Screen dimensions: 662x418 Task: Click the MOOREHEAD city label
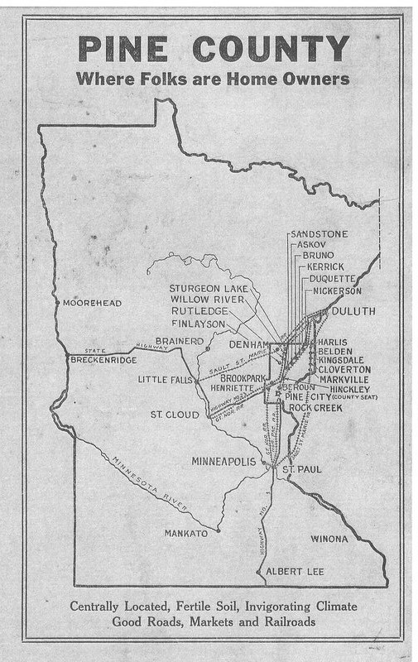coord(92,304)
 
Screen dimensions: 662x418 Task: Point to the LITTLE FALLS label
coord(164,380)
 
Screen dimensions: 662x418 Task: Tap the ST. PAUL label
coord(302,470)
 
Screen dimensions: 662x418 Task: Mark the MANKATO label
coord(186,533)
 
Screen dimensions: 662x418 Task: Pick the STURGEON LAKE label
coord(209,286)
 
